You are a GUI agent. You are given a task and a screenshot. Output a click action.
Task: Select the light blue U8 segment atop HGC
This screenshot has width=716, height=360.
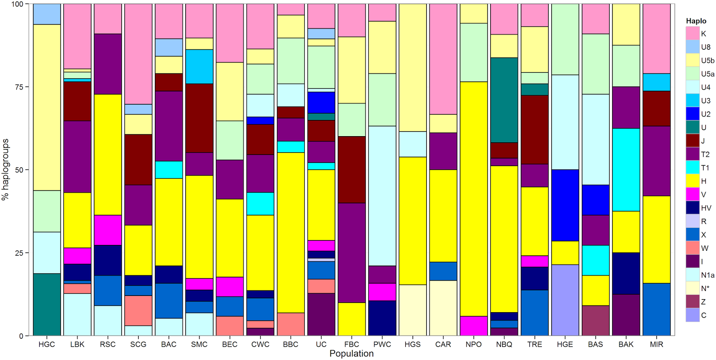pos(47,14)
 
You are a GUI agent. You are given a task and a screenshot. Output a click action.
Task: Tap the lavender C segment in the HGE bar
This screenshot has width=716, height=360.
pos(565,300)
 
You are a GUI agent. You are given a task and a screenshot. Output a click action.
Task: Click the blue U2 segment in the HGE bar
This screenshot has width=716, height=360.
pos(565,205)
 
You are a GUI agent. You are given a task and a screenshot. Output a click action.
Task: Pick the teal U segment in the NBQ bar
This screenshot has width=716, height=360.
pos(504,100)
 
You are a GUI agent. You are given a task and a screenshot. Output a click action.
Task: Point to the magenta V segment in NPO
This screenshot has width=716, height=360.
pos(473,326)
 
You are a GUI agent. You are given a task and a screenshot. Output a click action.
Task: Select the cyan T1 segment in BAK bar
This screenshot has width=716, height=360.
pos(626,170)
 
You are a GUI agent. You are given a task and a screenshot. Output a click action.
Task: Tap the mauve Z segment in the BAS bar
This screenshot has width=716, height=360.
pos(595,321)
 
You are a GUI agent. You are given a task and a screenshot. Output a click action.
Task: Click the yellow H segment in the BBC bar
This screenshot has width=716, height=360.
pos(291,232)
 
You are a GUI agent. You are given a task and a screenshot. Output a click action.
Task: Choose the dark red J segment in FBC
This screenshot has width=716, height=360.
pos(352,170)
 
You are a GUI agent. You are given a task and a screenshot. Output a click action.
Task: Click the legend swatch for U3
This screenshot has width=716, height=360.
pos(693,100)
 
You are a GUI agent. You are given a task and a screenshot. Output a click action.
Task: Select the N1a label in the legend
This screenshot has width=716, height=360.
pos(707,275)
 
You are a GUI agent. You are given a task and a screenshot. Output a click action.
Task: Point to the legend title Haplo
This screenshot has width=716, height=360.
pos(696,21)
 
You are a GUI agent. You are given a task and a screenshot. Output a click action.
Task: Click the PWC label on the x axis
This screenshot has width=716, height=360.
pos(382,344)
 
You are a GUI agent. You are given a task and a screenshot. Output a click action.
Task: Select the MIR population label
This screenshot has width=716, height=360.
pos(656,344)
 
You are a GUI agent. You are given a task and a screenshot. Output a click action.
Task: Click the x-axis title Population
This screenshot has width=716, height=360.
pos(351,354)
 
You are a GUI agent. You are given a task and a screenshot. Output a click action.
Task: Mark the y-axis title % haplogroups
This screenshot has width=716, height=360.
pos(6,169)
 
